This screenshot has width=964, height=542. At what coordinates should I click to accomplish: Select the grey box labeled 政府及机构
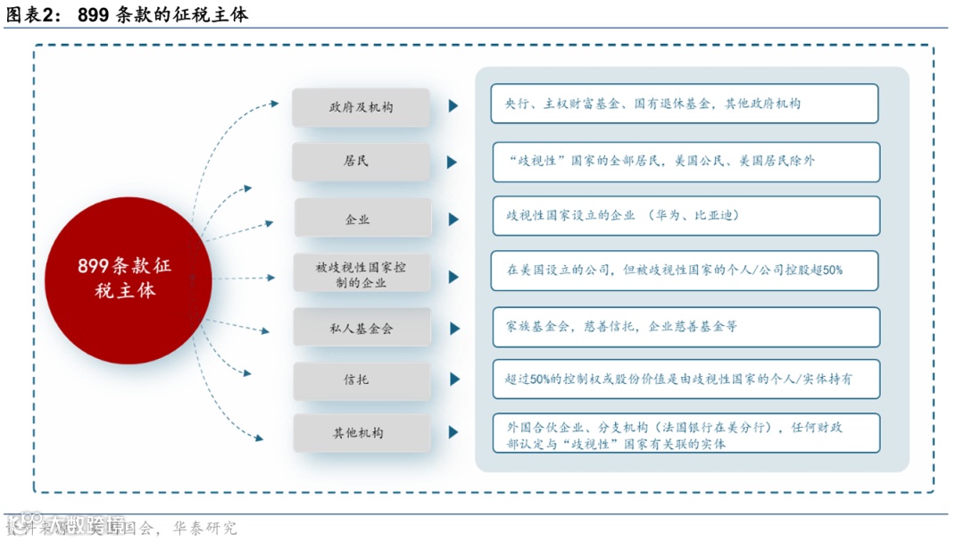pos(361,107)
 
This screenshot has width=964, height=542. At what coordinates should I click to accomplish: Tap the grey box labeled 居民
pos(361,162)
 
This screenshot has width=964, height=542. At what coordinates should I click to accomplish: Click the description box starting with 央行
pos(685,104)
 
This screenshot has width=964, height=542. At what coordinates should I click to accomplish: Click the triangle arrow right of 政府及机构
pos(453,106)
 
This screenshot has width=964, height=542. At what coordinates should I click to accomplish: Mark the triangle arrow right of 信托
pos(454,379)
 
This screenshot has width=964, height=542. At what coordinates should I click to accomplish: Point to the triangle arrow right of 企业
pos(454,219)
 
